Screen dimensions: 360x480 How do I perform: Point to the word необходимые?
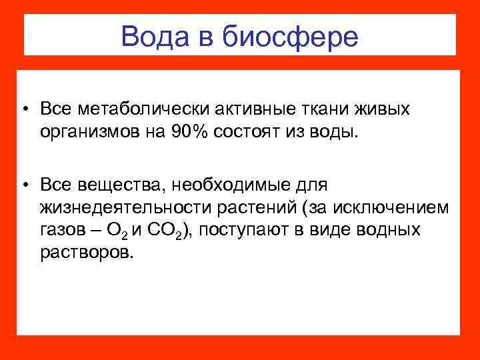click(x=217, y=183)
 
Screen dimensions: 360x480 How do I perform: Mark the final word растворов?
click(x=86, y=254)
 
